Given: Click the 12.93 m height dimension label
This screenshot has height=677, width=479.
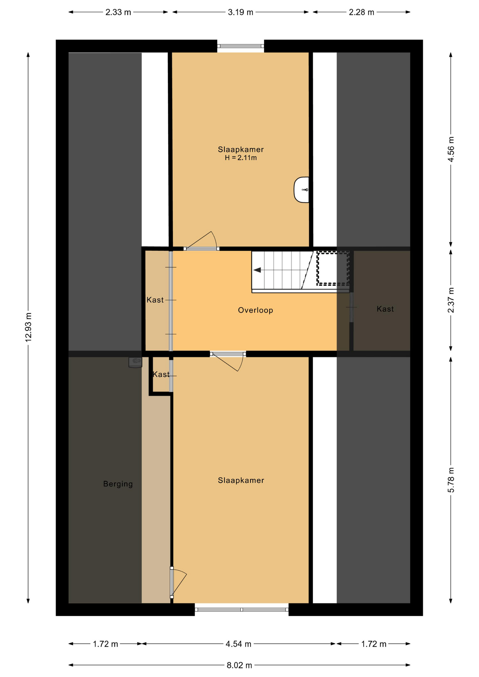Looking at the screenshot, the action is click(x=29, y=327).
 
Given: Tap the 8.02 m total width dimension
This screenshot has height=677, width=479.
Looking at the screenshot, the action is click(x=239, y=665).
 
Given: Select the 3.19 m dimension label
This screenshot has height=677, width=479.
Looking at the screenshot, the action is click(x=240, y=12).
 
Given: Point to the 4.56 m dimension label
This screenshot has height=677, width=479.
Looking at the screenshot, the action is click(x=451, y=149).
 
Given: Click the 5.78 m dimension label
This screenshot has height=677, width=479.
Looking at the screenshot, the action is click(x=451, y=480).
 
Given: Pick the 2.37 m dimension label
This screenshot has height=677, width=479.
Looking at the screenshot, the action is click(x=451, y=300).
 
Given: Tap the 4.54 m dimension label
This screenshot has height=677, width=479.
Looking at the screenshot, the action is click(x=238, y=644).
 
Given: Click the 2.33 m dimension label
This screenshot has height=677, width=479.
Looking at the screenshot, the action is click(x=118, y=12).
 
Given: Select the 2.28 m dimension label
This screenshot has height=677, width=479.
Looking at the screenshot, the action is click(x=362, y=12).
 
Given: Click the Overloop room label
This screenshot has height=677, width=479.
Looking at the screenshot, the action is click(x=255, y=310).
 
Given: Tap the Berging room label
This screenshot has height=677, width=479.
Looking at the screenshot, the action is click(x=118, y=484).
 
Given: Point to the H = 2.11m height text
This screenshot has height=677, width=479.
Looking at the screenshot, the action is click(x=241, y=158).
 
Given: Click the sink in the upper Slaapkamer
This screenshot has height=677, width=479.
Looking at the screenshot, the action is click(x=302, y=190).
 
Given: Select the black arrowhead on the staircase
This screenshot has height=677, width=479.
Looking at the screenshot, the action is click(x=257, y=270).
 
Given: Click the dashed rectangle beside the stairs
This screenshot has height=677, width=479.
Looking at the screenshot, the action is click(x=333, y=268).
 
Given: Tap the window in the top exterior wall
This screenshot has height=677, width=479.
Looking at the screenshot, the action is click(x=241, y=46).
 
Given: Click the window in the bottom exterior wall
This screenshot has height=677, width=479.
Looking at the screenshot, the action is click(x=242, y=610).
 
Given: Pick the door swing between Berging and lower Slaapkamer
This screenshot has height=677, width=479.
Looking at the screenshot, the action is click(x=178, y=582).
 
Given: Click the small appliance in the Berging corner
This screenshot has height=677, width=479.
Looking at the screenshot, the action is click(x=135, y=362).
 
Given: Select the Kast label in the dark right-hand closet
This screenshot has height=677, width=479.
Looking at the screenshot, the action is click(x=385, y=309).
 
